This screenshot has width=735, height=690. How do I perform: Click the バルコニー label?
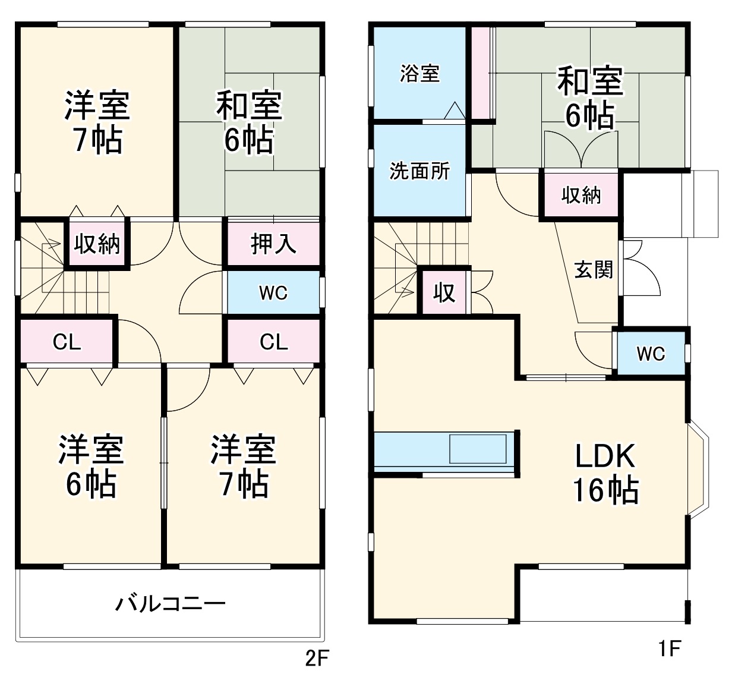170,604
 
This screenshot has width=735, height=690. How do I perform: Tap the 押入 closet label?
273,243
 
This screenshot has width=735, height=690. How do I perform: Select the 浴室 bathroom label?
419,73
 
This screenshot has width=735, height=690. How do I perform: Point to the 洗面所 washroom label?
419,171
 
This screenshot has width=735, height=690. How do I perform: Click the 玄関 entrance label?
593,270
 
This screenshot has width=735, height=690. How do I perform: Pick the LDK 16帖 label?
605,474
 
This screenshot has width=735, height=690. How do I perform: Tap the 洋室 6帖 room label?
91,467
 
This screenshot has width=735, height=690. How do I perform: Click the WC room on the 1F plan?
651,354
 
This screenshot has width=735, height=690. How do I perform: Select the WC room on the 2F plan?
273,292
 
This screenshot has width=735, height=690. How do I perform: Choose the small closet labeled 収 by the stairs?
444,292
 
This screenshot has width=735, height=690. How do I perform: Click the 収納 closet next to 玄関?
581,195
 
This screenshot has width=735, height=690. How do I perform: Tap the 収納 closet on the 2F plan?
97,244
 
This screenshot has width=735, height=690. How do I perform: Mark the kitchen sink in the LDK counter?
478,449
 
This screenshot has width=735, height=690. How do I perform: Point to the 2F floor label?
317,659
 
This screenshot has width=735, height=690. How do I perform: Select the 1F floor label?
668,648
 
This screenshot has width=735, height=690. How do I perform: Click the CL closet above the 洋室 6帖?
67,342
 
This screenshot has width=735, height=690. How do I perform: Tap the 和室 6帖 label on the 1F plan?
589,98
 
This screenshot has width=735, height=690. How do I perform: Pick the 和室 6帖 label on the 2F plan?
249,122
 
